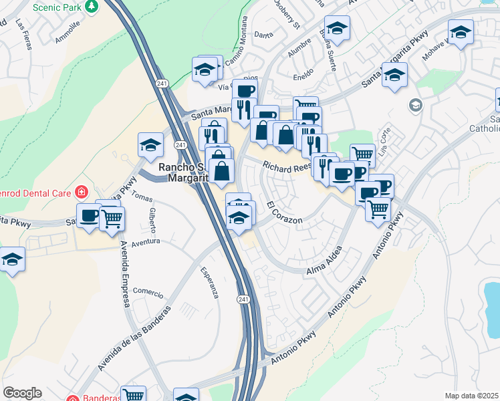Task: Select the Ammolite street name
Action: point(68,31)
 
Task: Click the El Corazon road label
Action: point(285,212)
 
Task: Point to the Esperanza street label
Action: point(209,282)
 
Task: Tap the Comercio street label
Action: point(148,292)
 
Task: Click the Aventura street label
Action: point(146,242)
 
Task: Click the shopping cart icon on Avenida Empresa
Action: point(112,219)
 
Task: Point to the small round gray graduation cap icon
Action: point(416,106)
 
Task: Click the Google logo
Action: point(22,393)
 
